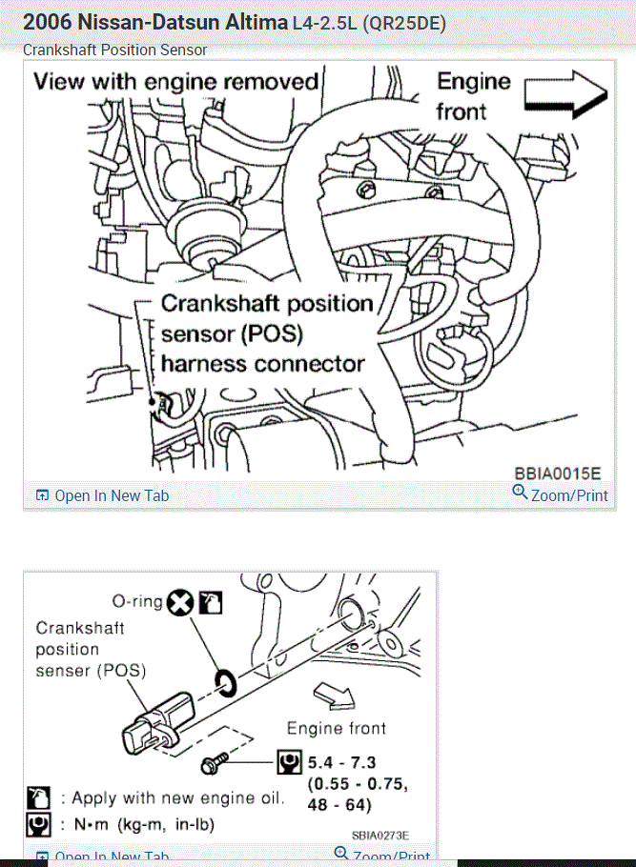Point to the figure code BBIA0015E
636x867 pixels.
tap(558, 474)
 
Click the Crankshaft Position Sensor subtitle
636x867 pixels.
tap(115, 50)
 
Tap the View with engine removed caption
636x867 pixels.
tap(175, 81)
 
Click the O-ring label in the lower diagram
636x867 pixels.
tap(136, 601)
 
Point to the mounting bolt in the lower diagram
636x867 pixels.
tap(213, 763)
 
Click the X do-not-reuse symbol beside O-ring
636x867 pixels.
tap(180, 602)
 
